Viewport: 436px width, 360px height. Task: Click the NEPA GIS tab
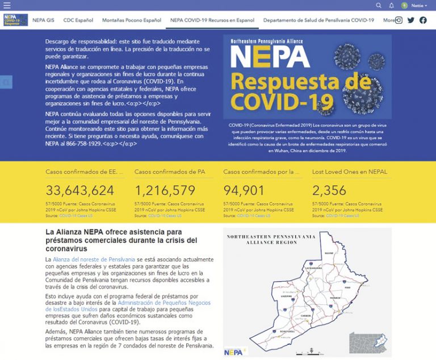43,20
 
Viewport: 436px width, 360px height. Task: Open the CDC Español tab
78,20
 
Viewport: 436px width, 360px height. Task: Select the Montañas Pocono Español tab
132,20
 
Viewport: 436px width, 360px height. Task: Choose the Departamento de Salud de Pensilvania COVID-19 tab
318,20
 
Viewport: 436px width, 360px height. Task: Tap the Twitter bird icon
411,20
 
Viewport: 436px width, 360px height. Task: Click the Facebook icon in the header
423,20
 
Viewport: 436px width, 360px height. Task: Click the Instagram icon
399,20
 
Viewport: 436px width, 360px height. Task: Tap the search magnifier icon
379,5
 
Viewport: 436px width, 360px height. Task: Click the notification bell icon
391,5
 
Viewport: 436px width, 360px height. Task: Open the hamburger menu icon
7,5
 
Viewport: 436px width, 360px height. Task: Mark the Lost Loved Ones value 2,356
329,190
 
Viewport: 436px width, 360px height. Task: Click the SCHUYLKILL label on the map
276,328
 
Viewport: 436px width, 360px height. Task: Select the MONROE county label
333,297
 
